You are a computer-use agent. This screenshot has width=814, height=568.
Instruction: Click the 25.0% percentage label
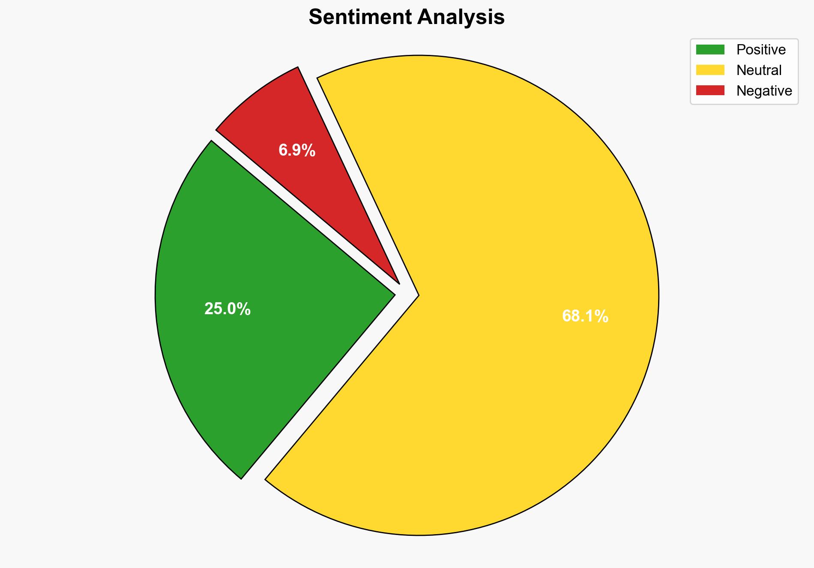click(x=227, y=309)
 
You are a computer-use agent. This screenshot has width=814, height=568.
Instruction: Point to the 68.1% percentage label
click(x=585, y=316)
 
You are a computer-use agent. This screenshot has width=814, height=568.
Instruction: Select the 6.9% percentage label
click(x=297, y=150)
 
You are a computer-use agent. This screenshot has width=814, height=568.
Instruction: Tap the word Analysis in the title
click(x=461, y=18)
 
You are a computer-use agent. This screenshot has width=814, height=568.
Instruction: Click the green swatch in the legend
click(x=710, y=50)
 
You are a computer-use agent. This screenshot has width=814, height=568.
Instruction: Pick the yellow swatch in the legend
click(x=710, y=70)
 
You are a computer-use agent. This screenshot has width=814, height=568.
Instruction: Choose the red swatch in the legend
click(x=710, y=90)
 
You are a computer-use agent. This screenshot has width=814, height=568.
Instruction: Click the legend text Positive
click(x=761, y=50)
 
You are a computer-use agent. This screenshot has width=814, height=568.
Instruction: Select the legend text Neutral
click(x=759, y=70)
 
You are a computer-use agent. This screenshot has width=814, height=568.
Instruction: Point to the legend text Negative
click(x=764, y=90)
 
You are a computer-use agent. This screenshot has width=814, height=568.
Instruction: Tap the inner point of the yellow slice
click(x=417, y=295)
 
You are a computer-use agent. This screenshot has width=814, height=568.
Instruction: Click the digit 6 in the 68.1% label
click(x=567, y=316)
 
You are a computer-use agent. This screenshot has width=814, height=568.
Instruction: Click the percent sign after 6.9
click(x=309, y=150)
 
